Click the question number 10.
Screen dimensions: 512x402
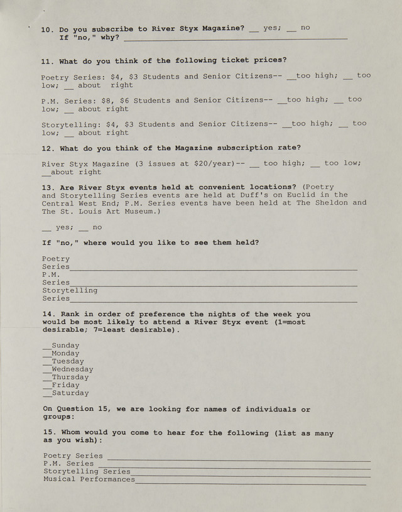[x=46, y=29]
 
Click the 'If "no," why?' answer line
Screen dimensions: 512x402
[x=235, y=38]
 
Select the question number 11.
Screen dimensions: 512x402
[x=46, y=61]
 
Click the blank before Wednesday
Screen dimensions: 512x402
[x=46, y=371]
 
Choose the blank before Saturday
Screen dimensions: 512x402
[x=46, y=395]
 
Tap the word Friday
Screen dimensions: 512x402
[x=66, y=385]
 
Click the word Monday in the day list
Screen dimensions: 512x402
[x=66, y=354]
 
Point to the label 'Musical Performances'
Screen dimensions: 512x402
[x=89, y=479]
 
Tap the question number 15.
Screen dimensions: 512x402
[x=48, y=433]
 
